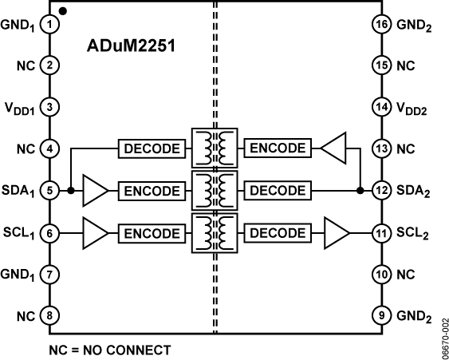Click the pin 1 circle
49,25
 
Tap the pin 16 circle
382,25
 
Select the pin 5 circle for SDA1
49,190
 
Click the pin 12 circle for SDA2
382,190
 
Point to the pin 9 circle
382,315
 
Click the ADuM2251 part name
131,45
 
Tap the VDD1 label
19,109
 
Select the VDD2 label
412,109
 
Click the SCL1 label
19,234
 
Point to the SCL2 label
412,234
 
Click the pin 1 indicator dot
63,11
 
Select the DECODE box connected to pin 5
152,148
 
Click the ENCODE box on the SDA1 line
152,191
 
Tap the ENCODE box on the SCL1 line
152,233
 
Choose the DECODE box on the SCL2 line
278,233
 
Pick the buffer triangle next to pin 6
94,233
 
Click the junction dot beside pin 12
360,190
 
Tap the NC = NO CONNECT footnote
110,350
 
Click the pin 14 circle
382,107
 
